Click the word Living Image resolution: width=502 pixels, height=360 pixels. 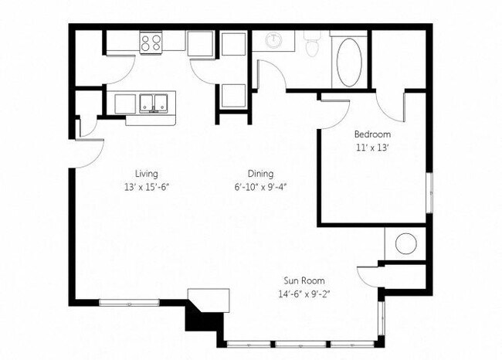146,173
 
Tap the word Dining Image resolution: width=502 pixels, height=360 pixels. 260,173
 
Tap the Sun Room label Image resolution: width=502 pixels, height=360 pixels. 302,280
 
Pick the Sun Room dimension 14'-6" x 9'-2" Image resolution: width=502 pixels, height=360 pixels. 302,293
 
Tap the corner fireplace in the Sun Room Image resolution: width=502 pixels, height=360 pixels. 211,299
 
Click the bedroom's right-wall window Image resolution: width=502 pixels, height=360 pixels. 427,188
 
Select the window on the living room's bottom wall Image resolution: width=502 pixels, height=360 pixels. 130,301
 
